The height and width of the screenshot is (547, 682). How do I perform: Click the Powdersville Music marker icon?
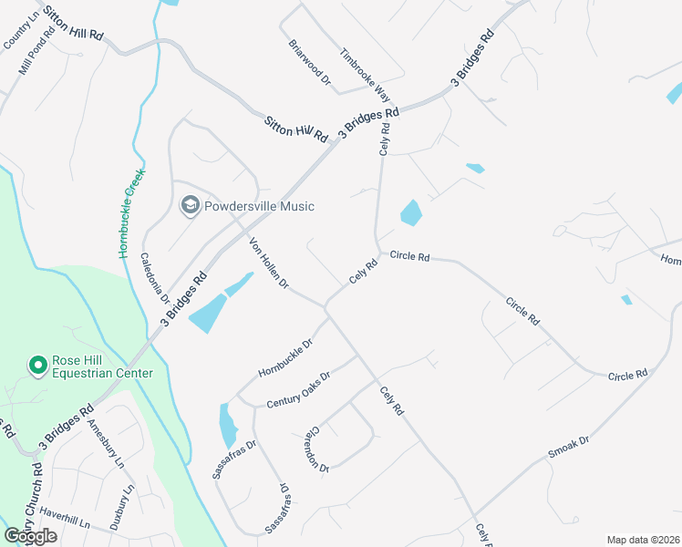point(191,205)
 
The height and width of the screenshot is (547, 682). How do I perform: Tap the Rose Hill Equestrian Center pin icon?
point(38,366)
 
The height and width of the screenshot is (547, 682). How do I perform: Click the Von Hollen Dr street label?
point(269,263)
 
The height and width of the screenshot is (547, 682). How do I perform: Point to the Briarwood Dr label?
point(310,62)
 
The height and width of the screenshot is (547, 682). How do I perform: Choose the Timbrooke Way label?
point(365,75)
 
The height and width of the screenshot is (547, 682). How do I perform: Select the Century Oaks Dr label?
point(298,389)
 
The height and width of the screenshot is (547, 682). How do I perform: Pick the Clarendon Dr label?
point(316,448)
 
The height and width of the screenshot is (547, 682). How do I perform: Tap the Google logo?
point(30,536)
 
